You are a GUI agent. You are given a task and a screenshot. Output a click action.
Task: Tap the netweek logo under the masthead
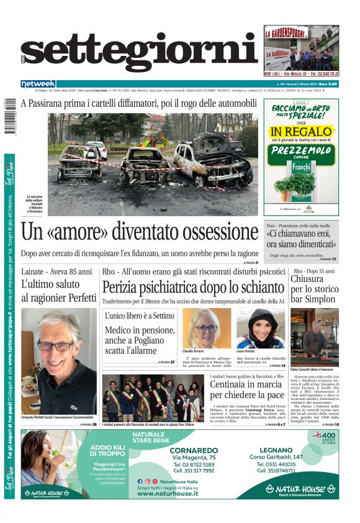pyautogui.click(x=38, y=84)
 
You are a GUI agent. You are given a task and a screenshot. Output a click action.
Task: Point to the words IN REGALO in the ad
pyautogui.click(x=302, y=132)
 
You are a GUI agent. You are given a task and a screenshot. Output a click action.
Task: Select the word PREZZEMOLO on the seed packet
pyautogui.click(x=302, y=151)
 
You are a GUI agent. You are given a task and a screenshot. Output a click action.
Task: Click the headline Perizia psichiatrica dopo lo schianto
pyautogui.click(x=193, y=288)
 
